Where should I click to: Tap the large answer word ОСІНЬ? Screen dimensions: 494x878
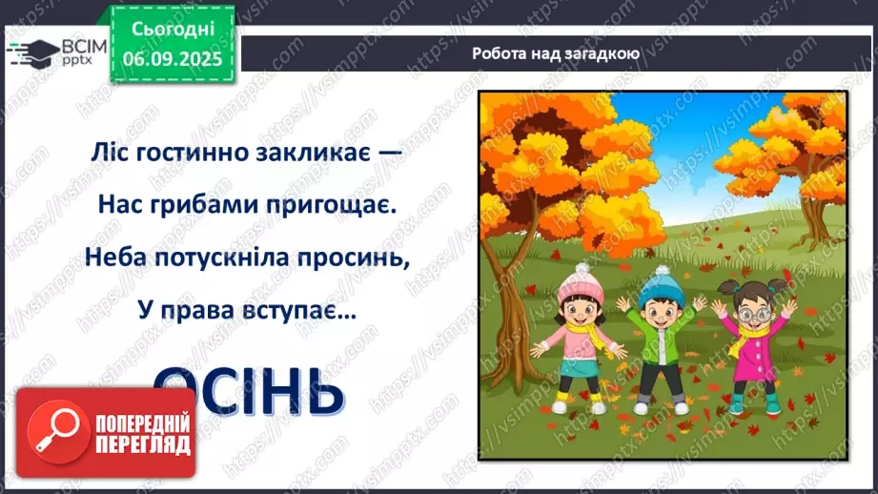tap(248, 388)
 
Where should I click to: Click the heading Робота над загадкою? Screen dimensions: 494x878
tap(555, 53)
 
